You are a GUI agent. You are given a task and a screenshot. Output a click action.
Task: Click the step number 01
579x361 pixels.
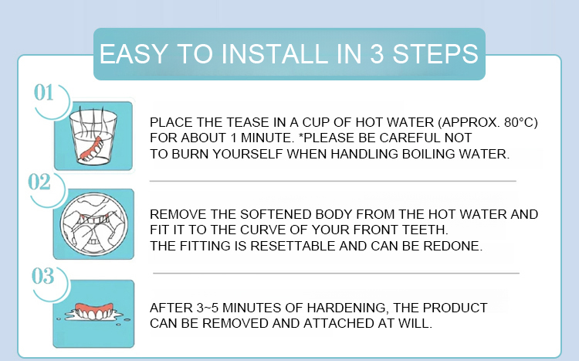pos(43,93)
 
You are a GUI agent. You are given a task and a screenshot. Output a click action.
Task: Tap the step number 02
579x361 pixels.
pos(39,182)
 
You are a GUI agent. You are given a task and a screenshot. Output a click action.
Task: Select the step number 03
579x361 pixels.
pos(42,276)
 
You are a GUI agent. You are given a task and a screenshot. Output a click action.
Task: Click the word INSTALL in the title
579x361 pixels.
pos(275,54)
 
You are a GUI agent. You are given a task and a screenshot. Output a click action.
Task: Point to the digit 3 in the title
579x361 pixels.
pos(377,54)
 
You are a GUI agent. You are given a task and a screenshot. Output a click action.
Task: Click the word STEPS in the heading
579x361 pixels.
pos(435,54)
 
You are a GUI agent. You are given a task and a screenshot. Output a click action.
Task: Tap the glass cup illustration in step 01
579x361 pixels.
pos(93,136)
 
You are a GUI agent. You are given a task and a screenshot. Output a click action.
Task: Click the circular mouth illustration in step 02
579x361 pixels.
pos(93,224)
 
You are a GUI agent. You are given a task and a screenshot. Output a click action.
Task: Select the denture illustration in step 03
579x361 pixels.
pos(94,312)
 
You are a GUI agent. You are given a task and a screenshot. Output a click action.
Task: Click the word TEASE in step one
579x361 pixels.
pos(247,122)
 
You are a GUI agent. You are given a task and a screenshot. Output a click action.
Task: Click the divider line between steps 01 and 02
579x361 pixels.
pos(333,181)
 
